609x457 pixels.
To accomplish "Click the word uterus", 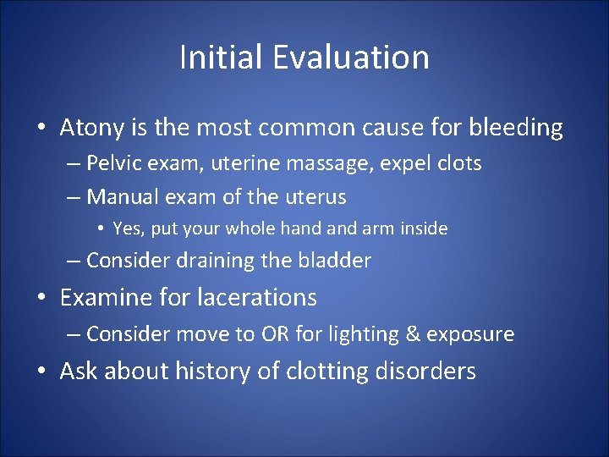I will tap(314, 197).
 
